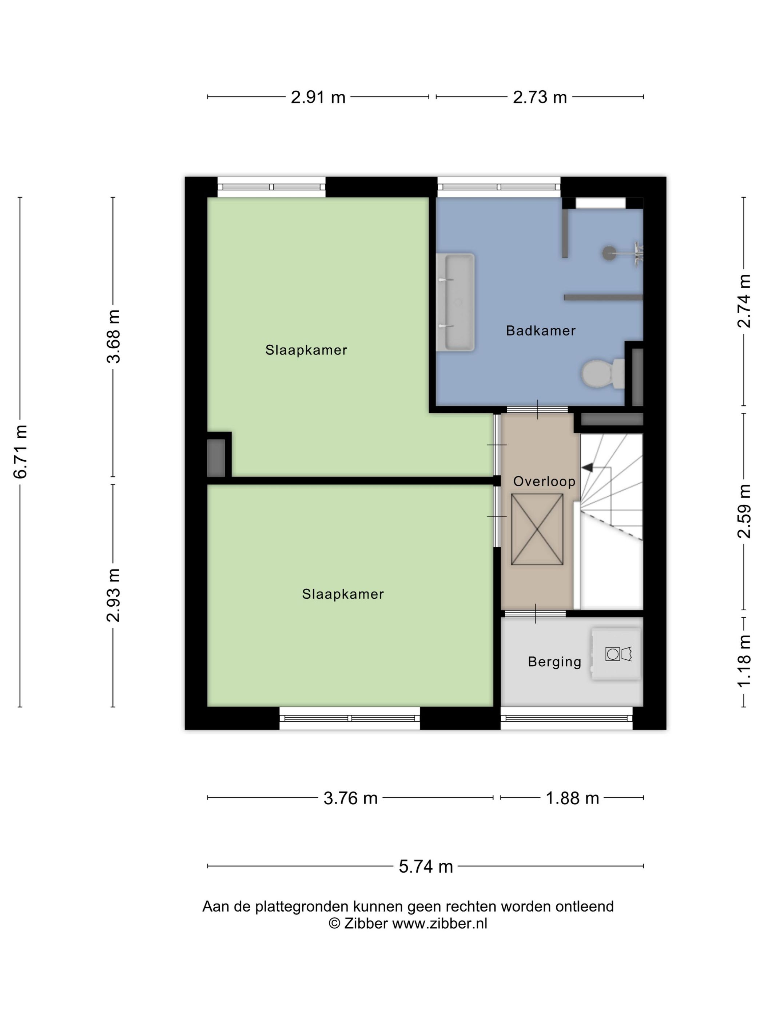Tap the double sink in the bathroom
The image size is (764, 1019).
click(x=455, y=302)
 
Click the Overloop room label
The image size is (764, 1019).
click(x=544, y=481)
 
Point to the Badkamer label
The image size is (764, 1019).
click(x=541, y=330)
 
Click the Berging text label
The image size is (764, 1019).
click(x=554, y=662)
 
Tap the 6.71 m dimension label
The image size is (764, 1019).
click(x=21, y=452)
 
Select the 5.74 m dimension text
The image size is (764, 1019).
click(x=426, y=867)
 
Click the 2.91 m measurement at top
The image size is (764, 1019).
click(x=318, y=97)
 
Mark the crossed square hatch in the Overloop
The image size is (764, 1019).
click(x=537, y=529)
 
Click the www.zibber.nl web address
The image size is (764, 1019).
click(x=439, y=923)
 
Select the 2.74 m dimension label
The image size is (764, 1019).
click(x=744, y=301)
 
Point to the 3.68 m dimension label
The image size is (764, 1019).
click(x=113, y=336)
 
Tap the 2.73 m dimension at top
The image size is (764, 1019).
click(x=540, y=97)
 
